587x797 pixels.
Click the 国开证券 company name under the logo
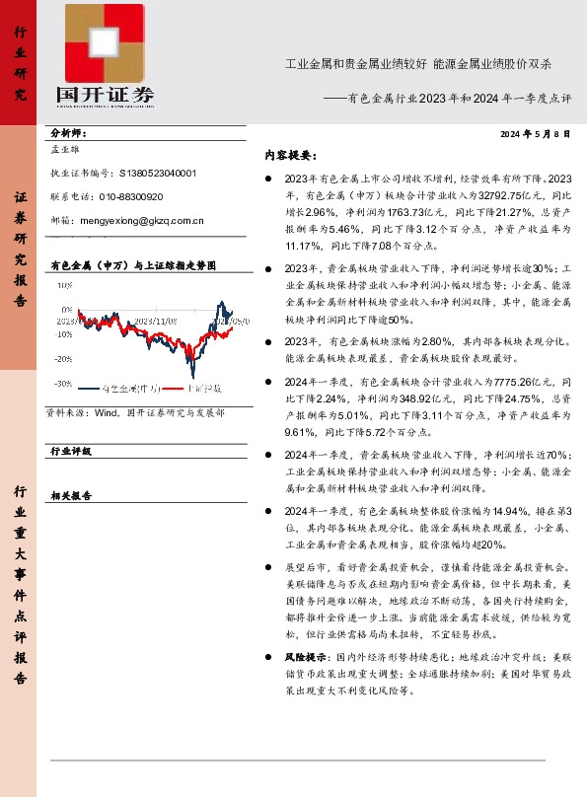click(x=106, y=96)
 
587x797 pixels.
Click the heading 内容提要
click(x=288, y=155)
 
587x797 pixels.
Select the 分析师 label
click(x=68, y=132)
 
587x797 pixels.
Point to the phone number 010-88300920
click(x=129, y=196)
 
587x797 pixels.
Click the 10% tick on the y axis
click(x=63, y=285)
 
